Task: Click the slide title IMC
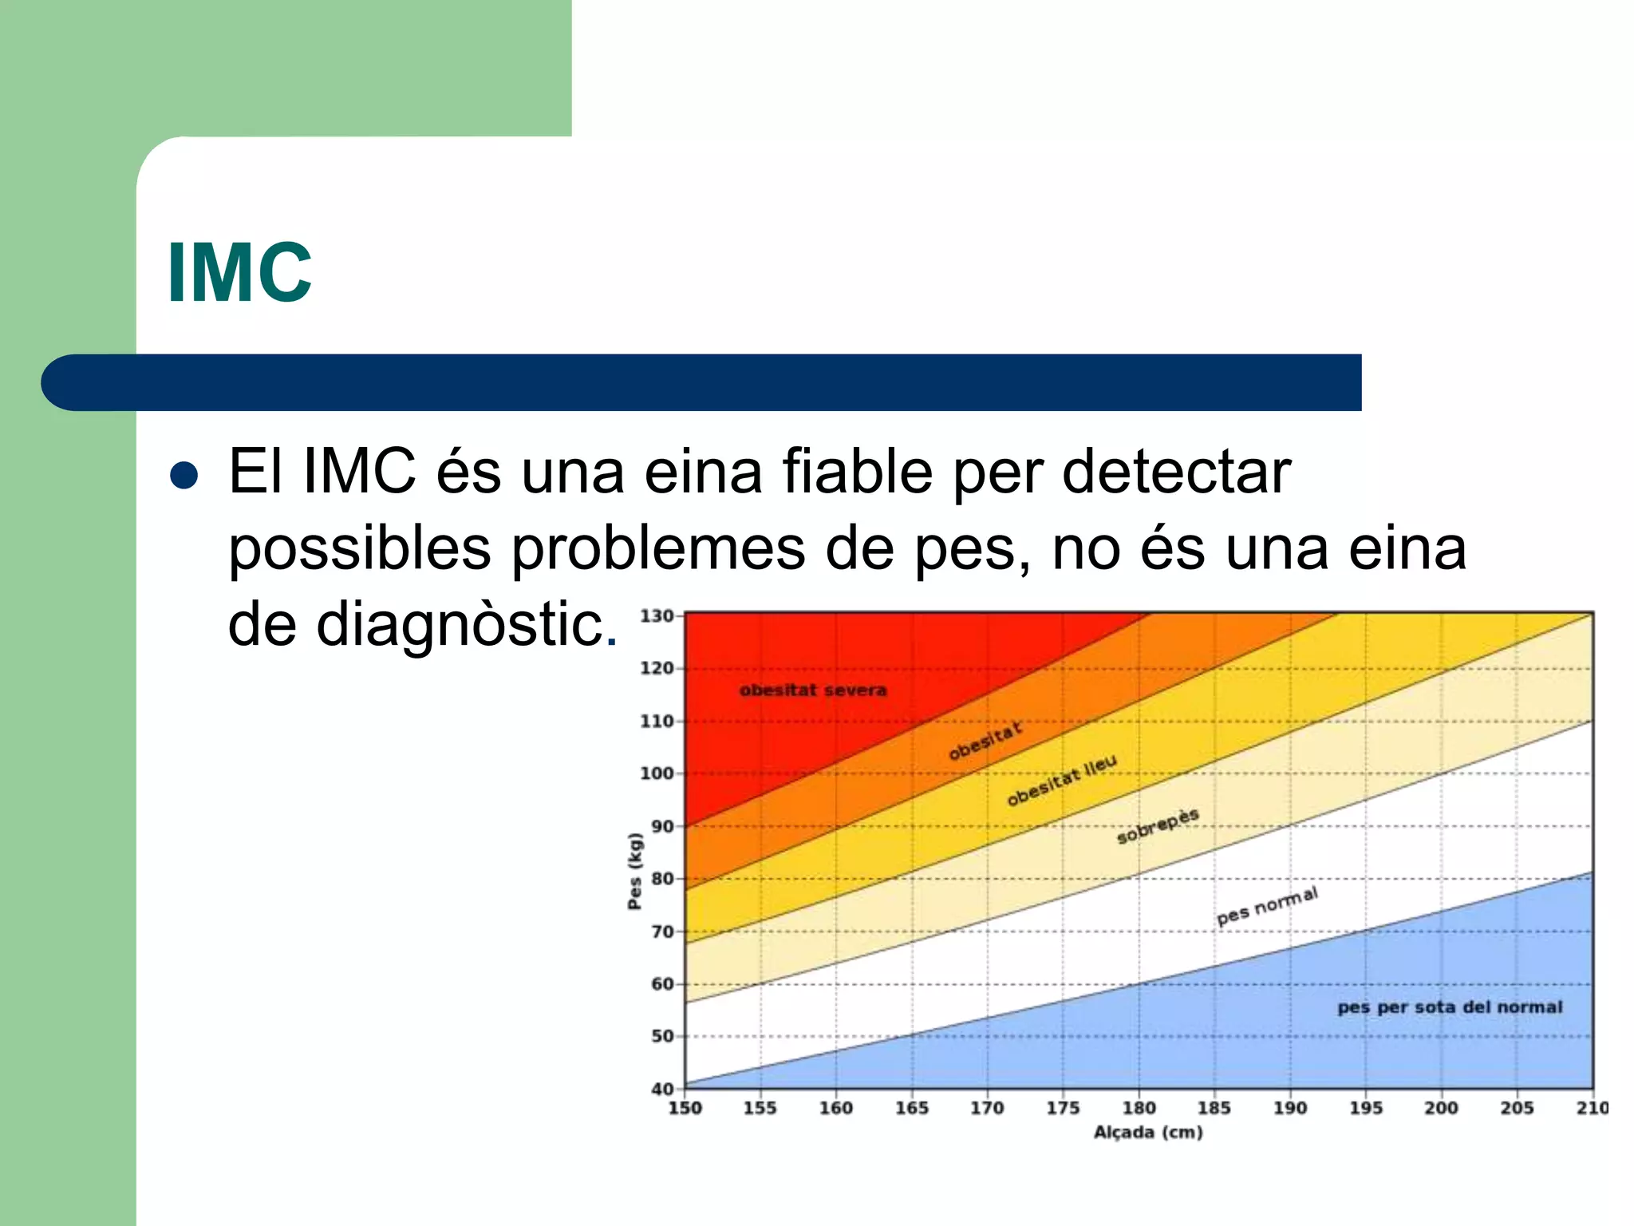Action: point(239,272)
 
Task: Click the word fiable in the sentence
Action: point(857,472)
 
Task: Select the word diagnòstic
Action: point(459,624)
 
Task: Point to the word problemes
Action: point(658,549)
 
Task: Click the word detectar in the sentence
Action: point(1176,472)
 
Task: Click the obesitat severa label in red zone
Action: point(812,690)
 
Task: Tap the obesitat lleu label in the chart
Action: point(1061,780)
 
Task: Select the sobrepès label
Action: point(1157,826)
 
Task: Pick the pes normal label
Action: point(1266,906)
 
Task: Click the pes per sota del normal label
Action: point(1449,1007)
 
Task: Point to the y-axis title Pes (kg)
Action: point(634,871)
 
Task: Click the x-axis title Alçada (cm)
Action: point(1147,1132)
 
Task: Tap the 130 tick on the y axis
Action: point(656,616)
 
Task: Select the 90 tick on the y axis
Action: point(661,826)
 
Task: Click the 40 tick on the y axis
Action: point(661,1089)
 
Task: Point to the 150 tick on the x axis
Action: point(685,1108)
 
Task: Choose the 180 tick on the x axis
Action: point(1139,1108)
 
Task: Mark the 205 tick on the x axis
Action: point(1516,1108)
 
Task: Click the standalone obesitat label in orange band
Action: point(985,741)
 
